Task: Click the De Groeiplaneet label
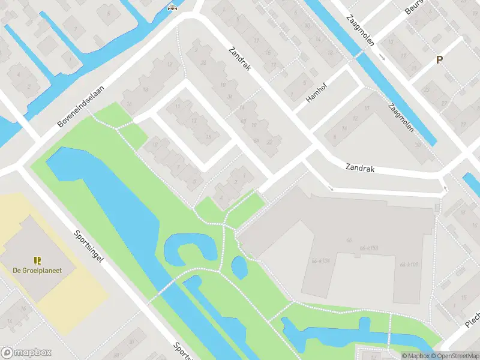point(37,271)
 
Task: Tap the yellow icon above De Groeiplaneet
point(37,260)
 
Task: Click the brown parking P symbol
point(440,59)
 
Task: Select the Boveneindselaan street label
point(81,106)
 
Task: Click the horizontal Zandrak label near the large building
point(360,169)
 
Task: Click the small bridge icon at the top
point(173,8)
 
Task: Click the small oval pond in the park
point(239,268)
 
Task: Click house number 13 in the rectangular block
point(193,121)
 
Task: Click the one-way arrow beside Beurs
point(382,57)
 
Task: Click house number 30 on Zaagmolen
point(416,145)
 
